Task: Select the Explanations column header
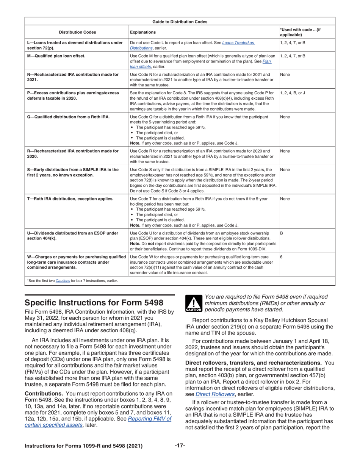[142, 32]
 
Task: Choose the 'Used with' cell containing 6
[281, 257]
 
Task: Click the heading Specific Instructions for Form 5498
[94, 303]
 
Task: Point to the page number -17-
[180, 446]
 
